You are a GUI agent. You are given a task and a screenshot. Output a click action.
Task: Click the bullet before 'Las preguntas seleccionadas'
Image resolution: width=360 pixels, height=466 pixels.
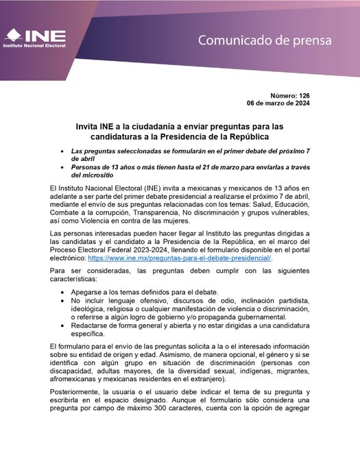click(x=64, y=150)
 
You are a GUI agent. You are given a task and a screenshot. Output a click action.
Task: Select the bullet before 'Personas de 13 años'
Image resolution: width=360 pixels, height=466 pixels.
click(x=64, y=167)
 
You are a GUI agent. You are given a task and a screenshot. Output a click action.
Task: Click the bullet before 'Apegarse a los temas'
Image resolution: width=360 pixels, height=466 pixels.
click(x=64, y=292)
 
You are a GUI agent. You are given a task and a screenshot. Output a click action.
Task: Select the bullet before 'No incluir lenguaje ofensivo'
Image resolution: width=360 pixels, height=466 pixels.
click(x=64, y=301)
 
